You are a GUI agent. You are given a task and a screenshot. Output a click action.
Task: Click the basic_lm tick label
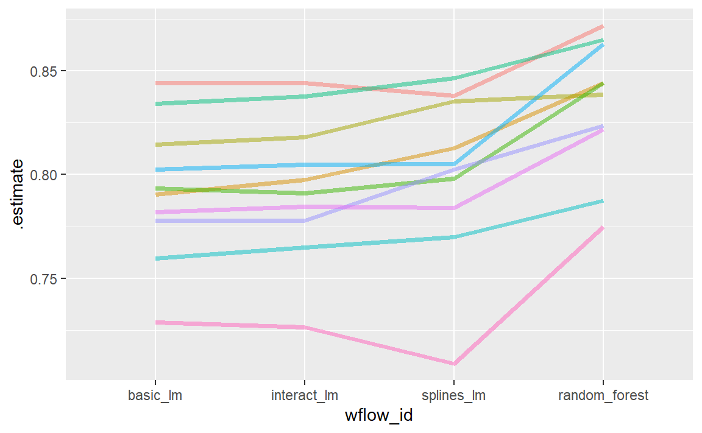(x=155, y=396)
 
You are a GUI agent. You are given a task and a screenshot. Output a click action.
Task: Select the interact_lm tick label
(x=304, y=396)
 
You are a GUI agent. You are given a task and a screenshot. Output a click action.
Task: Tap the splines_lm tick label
(x=453, y=396)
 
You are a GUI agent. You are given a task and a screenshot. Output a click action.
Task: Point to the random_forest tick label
(x=603, y=396)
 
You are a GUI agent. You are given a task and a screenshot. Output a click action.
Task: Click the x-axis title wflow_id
(x=378, y=417)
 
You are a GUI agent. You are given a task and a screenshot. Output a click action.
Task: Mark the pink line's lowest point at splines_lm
(x=453, y=364)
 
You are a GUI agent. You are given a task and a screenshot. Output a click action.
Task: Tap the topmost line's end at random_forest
(x=603, y=26)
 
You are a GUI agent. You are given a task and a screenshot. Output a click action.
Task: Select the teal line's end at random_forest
(x=603, y=200)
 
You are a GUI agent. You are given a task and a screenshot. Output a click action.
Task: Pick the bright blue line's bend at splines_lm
(x=453, y=164)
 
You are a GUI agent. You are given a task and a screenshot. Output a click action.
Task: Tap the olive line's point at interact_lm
(x=304, y=138)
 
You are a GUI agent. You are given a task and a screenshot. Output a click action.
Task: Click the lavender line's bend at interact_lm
(x=304, y=220)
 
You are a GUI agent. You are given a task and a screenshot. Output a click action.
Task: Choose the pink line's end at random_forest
(x=603, y=228)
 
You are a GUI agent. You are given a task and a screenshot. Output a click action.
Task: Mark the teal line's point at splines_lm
(x=453, y=237)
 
